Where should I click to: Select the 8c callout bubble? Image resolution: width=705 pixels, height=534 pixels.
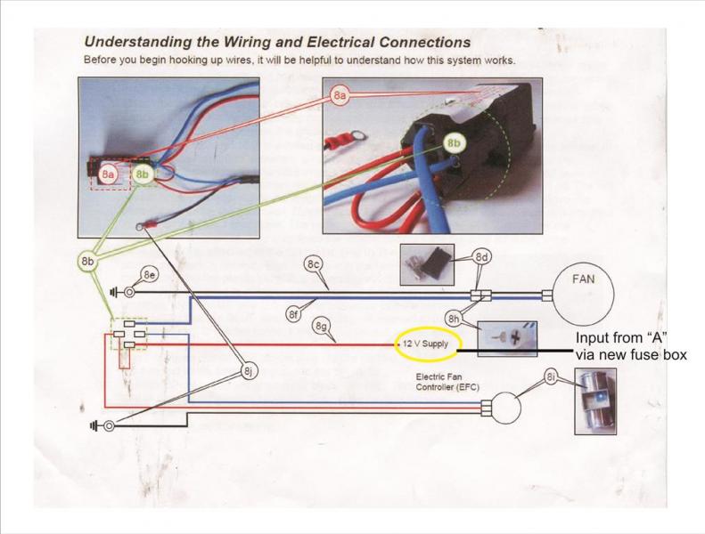(313, 264)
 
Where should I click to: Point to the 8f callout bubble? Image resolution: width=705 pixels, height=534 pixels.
(292, 313)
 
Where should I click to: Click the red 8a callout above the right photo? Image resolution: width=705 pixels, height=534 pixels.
(340, 93)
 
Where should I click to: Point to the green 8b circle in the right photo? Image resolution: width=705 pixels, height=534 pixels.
(454, 142)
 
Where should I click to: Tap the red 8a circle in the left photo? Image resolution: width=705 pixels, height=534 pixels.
(108, 174)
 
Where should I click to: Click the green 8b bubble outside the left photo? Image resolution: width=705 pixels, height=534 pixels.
(87, 263)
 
